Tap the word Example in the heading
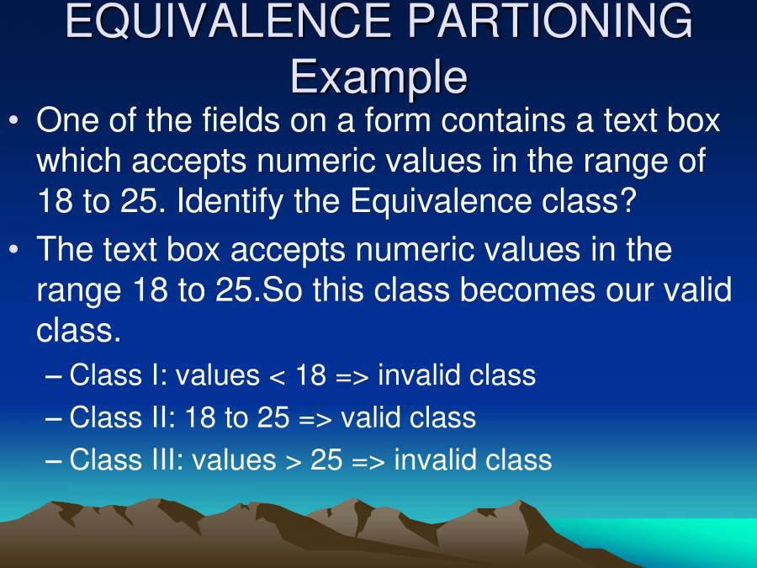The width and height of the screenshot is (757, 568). click(x=378, y=77)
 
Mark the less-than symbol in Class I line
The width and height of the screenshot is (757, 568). click(x=277, y=375)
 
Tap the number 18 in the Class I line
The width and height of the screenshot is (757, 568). click(x=310, y=375)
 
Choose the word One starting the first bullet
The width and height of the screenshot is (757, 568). click(x=67, y=121)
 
